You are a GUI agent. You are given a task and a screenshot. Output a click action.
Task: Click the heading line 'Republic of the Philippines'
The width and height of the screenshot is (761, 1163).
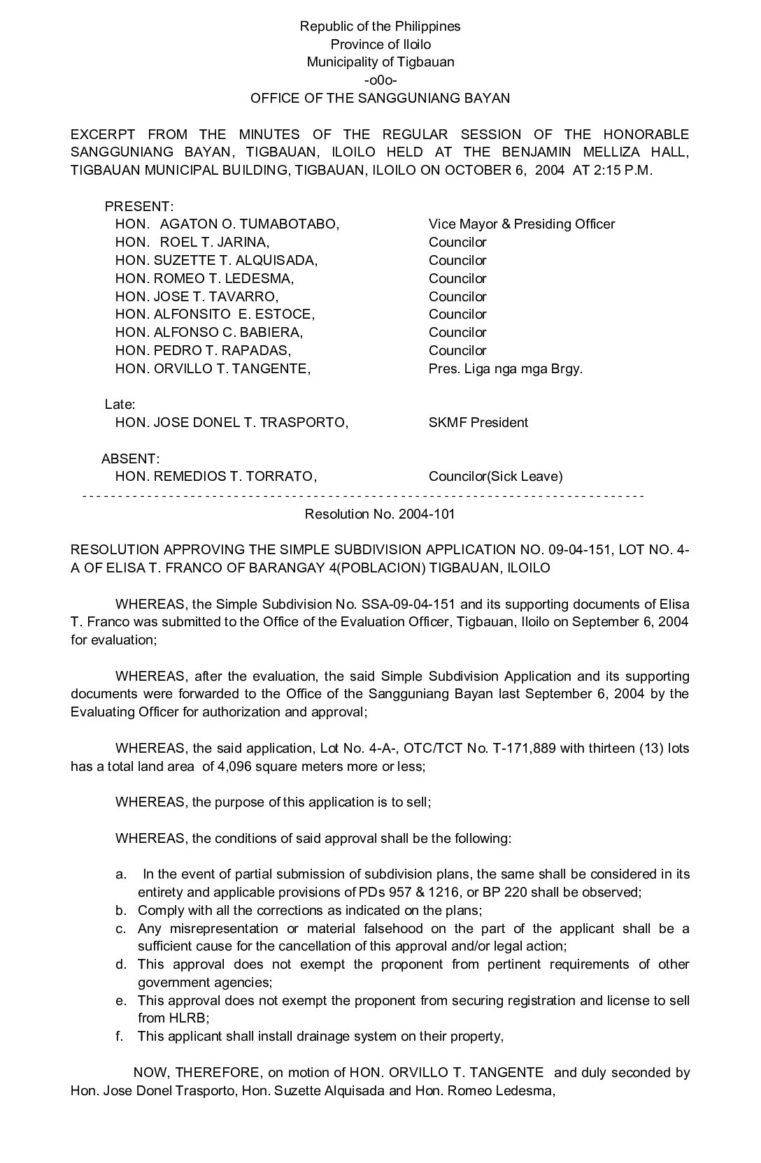380,27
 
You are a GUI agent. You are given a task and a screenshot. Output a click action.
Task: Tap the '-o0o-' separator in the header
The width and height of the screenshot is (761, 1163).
380,80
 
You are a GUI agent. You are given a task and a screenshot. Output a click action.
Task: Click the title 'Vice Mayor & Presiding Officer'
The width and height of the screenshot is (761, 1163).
522,224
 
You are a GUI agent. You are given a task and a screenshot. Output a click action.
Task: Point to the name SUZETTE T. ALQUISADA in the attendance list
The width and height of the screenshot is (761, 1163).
235,261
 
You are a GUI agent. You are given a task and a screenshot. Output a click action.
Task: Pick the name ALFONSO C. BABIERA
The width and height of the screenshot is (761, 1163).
228,333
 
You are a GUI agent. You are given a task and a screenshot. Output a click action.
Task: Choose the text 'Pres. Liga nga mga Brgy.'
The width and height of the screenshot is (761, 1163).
505,369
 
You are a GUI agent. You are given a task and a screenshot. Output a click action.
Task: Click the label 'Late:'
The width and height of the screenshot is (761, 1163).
120,405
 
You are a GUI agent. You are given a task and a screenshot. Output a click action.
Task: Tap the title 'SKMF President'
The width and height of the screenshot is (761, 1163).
478,423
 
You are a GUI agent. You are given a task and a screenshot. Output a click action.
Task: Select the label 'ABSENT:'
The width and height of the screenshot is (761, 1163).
131,459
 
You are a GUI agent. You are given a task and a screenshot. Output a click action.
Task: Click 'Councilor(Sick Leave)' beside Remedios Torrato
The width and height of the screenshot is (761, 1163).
495,477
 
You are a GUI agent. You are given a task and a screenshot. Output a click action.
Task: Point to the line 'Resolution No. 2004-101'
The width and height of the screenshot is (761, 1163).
380,514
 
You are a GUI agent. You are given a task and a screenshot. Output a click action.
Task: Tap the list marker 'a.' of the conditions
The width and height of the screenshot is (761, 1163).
121,875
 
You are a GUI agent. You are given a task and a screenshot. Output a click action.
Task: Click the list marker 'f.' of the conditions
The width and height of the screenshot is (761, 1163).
120,1036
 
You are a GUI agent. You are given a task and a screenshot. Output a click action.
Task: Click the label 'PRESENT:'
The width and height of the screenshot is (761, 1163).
138,207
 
